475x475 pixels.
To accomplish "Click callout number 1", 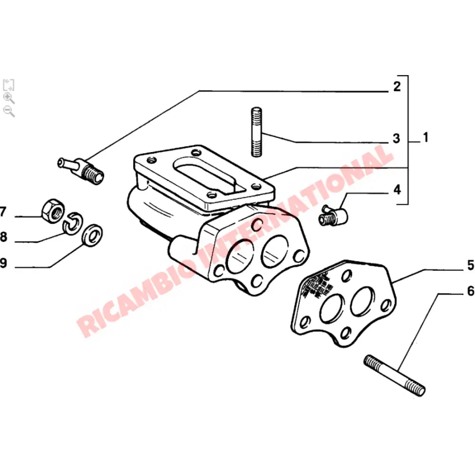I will [x=426, y=138].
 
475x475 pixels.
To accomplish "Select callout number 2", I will [x=397, y=87].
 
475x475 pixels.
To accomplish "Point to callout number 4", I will [x=397, y=190].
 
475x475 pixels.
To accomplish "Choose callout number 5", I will [x=470, y=266].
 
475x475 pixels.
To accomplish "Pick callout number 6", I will [x=470, y=291].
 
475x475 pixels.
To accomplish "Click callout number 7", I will [x=3, y=212].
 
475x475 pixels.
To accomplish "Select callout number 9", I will [x=3, y=264].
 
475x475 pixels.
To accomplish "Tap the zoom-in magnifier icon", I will [x=9, y=98].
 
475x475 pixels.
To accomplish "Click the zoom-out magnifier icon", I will [x=9, y=111].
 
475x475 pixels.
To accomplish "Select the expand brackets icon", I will [x=9, y=85].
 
